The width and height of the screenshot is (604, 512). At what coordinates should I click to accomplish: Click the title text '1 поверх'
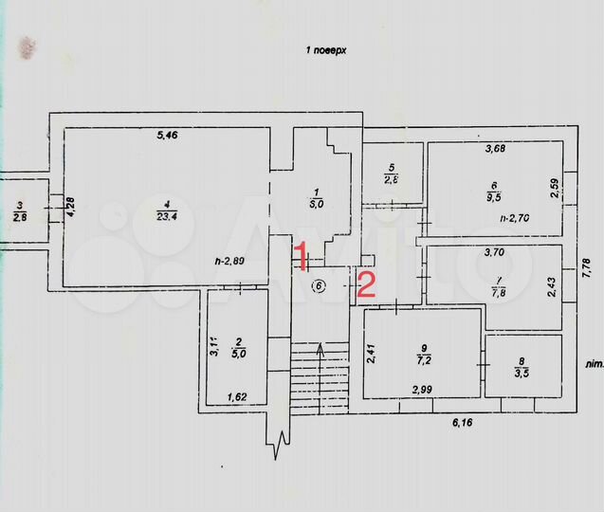click(x=324, y=50)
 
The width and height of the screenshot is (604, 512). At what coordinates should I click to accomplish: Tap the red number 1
click(x=300, y=256)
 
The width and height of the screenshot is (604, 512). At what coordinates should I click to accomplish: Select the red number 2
click(x=366, y=283)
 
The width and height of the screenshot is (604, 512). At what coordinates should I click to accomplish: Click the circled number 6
click(x=319, y=284)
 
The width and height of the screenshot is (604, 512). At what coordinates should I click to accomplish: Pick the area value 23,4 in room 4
click(x=167, y=214)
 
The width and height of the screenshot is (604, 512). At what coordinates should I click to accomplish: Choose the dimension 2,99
click(x=423, y=390)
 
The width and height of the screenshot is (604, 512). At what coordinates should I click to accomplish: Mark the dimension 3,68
click(x=495, y=149)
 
